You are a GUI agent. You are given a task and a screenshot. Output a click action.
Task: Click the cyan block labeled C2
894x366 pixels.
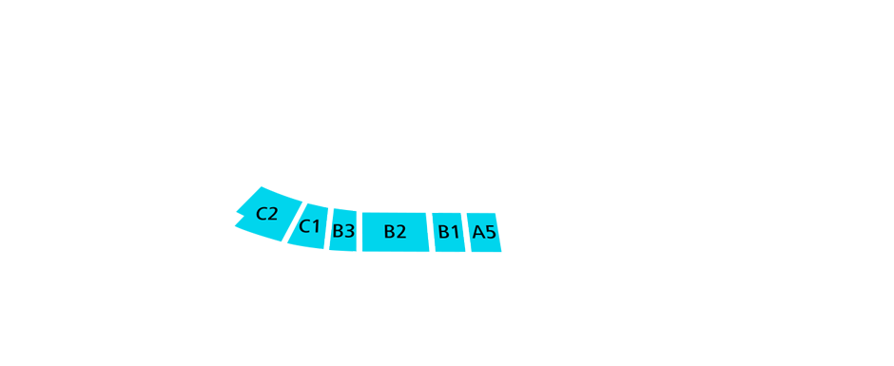(266, 214)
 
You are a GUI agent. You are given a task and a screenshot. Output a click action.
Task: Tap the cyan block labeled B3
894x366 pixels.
(343, 231)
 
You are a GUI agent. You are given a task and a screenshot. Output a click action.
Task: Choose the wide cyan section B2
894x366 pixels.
(395, 232)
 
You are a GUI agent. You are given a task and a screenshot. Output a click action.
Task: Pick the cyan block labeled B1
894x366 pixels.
(449, 232)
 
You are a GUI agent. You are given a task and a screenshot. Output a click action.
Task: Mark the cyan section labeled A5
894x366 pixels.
(485, 232)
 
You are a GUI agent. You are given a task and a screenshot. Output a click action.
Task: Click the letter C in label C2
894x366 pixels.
(262, 214)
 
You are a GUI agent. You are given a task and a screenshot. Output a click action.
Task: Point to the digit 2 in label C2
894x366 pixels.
(273, 214)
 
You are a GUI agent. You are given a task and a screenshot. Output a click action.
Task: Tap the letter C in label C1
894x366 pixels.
(304, 226)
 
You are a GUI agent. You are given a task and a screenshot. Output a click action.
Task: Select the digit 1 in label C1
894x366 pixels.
(316, 226)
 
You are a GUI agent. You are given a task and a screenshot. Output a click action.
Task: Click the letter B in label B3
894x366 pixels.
(338, 231)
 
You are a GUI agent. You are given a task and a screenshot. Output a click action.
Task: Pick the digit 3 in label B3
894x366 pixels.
(349, 231)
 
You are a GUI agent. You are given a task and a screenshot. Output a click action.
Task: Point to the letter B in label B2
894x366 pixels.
(389, 232)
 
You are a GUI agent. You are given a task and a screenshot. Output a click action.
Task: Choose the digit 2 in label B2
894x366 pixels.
(401, 232)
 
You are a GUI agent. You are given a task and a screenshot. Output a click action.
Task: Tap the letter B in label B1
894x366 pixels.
(444, 232)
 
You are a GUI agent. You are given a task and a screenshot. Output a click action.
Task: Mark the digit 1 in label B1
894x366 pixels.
(456, 232)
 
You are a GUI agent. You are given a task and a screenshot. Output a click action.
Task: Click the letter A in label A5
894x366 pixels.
(478, 232)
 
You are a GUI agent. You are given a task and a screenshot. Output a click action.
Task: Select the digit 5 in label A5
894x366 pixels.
(491, 232)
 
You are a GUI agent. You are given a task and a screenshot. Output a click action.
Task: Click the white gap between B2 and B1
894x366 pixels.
(431, 232)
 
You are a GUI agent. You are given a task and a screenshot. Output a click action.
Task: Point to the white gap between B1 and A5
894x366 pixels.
(466, 232)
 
